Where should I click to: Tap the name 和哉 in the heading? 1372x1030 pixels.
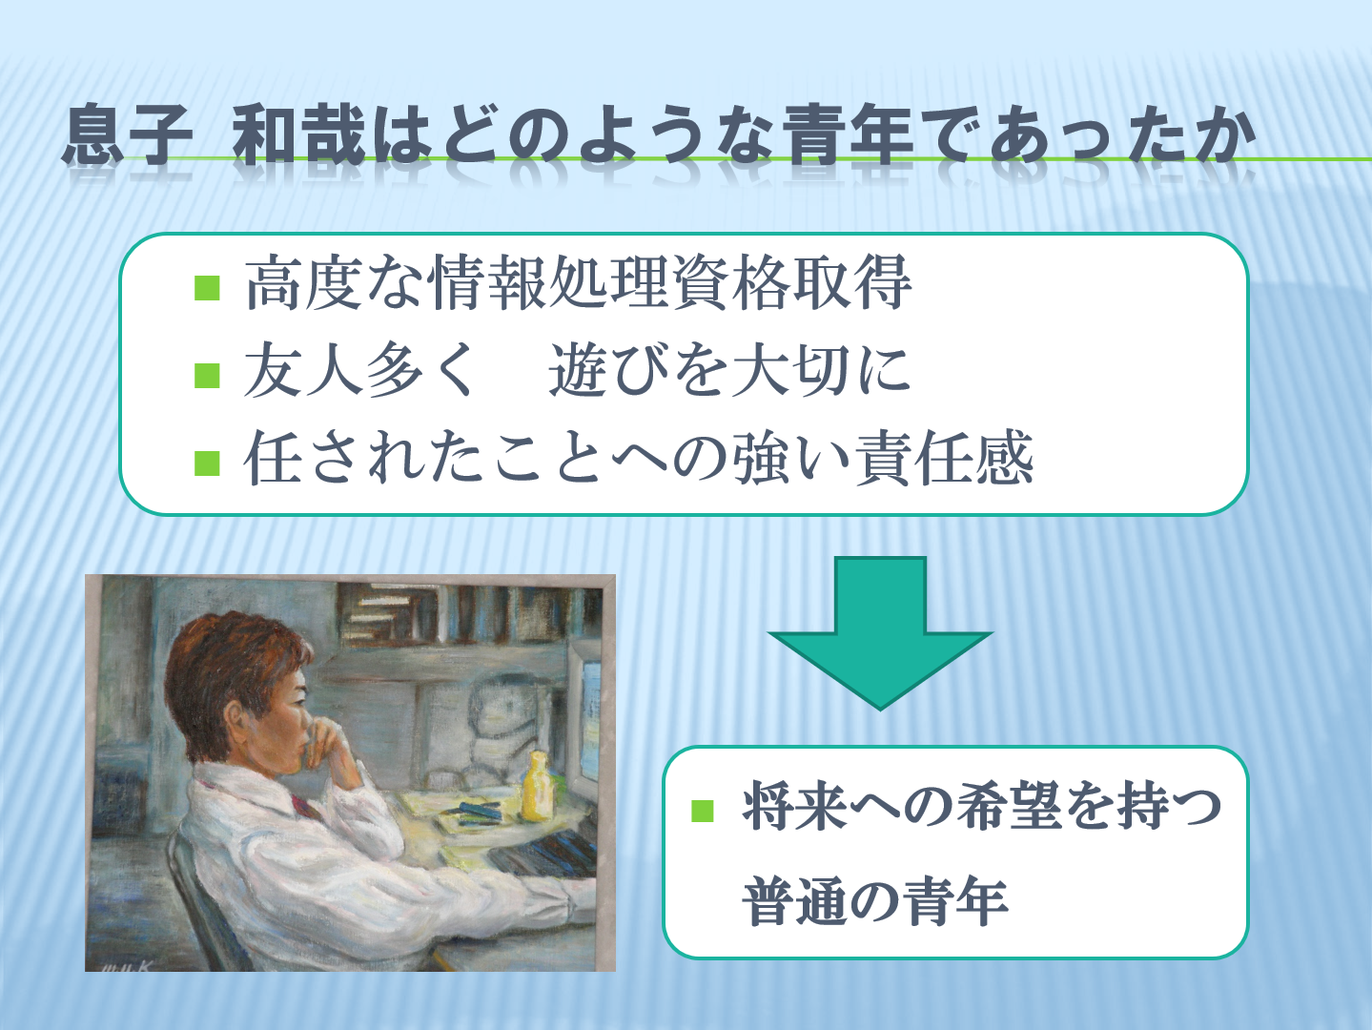click(298, 135)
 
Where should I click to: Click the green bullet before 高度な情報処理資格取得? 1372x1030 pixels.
click(207, 288)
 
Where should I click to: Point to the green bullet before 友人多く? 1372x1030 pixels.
click(207, 376)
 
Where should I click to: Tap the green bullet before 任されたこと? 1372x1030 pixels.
click(207, 463)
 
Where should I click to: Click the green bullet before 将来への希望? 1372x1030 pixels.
click(703, 811)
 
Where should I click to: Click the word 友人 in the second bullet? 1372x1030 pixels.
click(302, 370)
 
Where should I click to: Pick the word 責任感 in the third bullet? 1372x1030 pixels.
click(944, 458)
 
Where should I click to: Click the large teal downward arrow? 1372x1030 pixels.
click(880, 632)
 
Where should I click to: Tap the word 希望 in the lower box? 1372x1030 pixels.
click(1008, 806)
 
